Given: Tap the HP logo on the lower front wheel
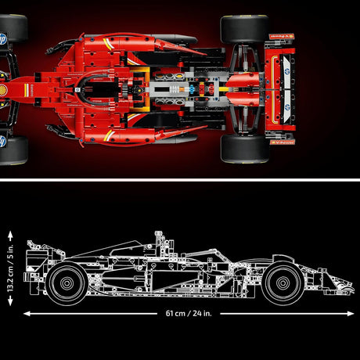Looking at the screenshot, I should click(x=4, y=142).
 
